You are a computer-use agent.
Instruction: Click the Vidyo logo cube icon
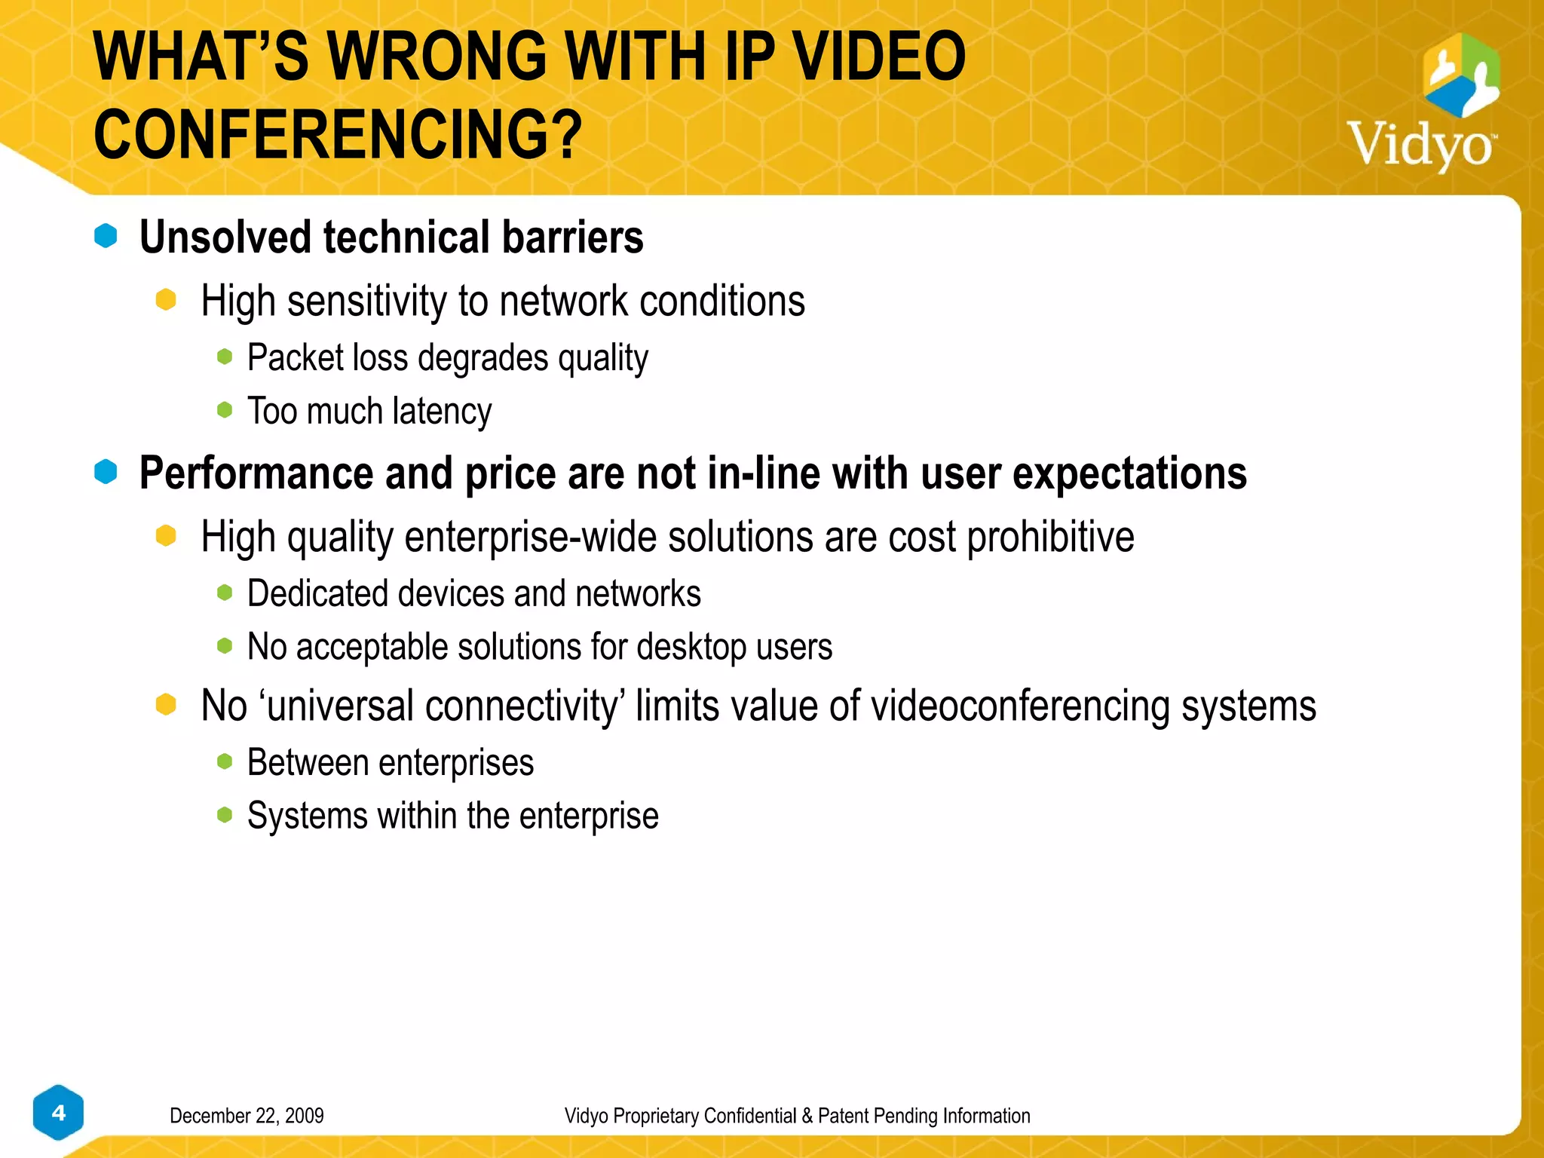click(1460, 75)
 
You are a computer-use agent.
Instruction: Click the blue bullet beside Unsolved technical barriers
click(106, 236)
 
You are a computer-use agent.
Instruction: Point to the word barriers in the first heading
click(572, 237)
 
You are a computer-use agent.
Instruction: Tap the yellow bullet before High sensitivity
click(166, 300)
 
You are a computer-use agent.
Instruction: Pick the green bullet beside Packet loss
click(224, 357)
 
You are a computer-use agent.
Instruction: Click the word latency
click(442, 412)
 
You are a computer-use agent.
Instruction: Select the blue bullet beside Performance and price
click(106, 472)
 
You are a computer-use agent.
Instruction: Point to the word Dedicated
click(317, 594)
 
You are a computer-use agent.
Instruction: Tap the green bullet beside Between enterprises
click(224, 761)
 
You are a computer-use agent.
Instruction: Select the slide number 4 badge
click(58, 1113)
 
